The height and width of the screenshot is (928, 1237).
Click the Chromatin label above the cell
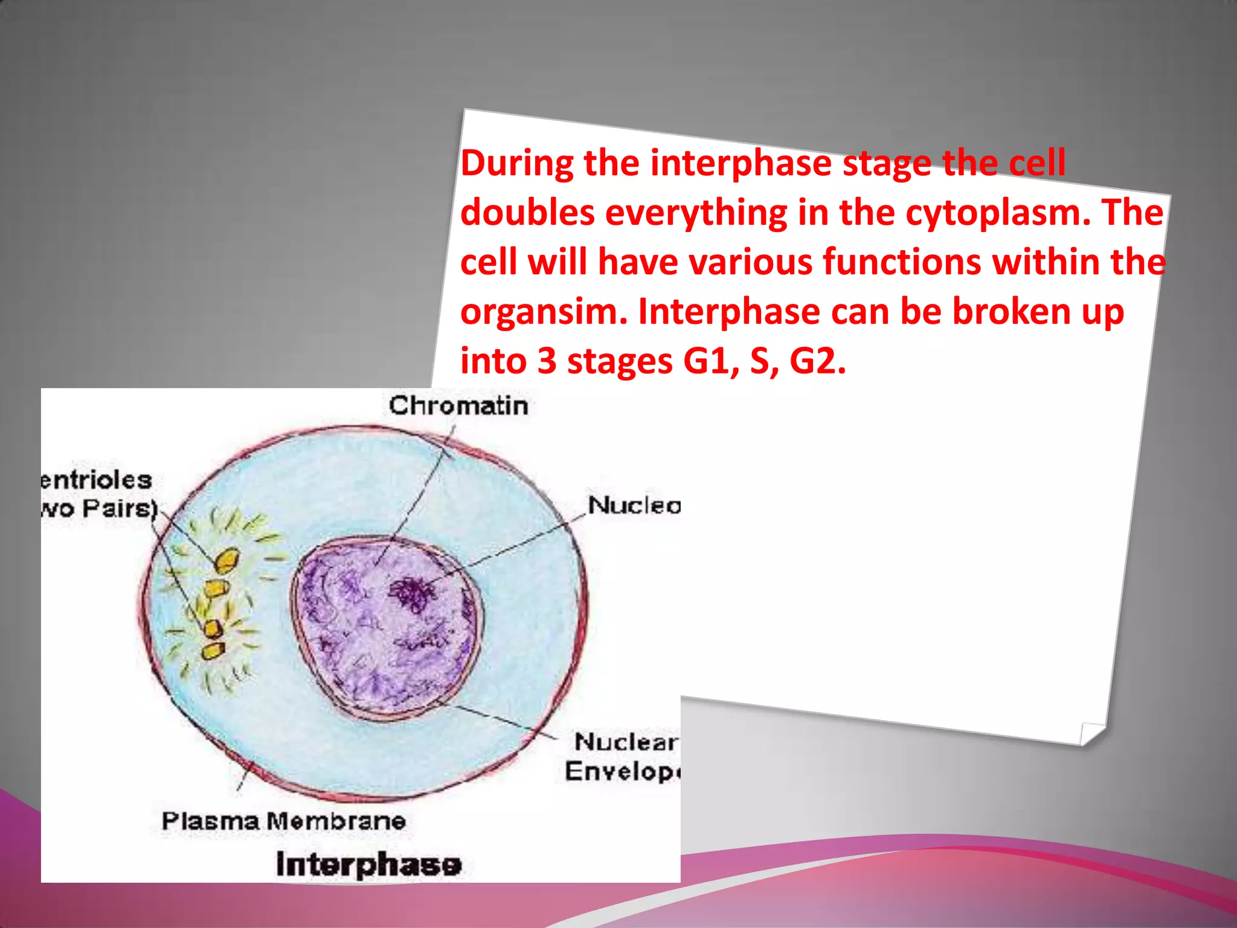point(458,405)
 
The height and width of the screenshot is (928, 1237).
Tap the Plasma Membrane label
point(283,821)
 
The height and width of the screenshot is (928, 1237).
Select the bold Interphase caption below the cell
point(368,864)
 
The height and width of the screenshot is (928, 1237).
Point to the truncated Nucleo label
point(634,505)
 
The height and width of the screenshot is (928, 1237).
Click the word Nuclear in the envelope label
point(626,742)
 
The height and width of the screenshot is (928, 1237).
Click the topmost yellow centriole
point(227,560)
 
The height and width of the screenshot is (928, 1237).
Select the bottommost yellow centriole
point(213,651)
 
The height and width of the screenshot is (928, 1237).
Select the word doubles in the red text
point(527,213)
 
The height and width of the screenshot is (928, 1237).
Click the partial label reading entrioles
point(97,480)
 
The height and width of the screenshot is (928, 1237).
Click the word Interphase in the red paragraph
point(728,312)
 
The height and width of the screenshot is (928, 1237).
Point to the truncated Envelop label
point(622,772)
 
